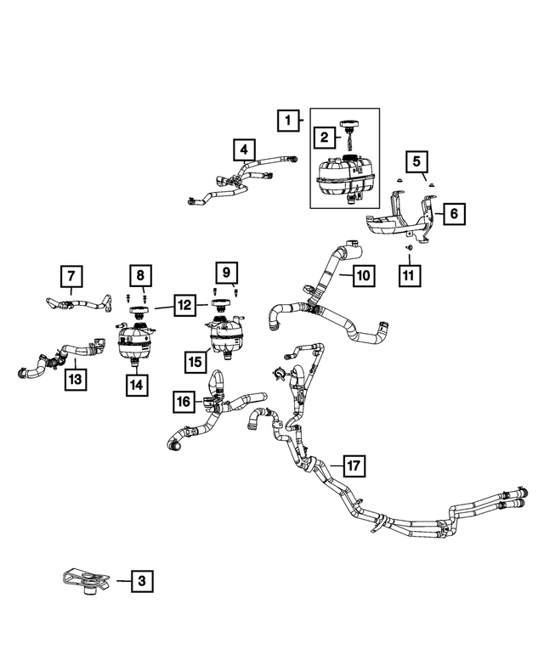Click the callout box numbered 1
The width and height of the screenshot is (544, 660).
click(289, 121)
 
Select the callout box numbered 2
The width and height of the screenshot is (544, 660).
click(324, 136)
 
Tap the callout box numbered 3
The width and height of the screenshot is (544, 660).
click(142, 582)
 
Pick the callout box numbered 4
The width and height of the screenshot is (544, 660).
click(245, 151)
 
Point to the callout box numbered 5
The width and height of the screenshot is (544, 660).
click(416, 160)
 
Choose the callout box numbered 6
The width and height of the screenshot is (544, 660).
click(453, 214)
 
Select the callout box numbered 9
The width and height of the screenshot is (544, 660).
click(226, 272)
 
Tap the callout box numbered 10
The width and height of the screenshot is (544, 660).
click(362, 275)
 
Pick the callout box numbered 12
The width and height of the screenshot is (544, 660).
click(184, 306)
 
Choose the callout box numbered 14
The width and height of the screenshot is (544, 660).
click(136, 384)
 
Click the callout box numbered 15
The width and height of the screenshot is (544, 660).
click(197, 362)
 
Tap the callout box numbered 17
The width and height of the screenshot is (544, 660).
click(354, 465)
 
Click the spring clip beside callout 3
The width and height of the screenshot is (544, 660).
click(88, 581)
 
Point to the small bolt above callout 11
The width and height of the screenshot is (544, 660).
click(409, 247)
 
